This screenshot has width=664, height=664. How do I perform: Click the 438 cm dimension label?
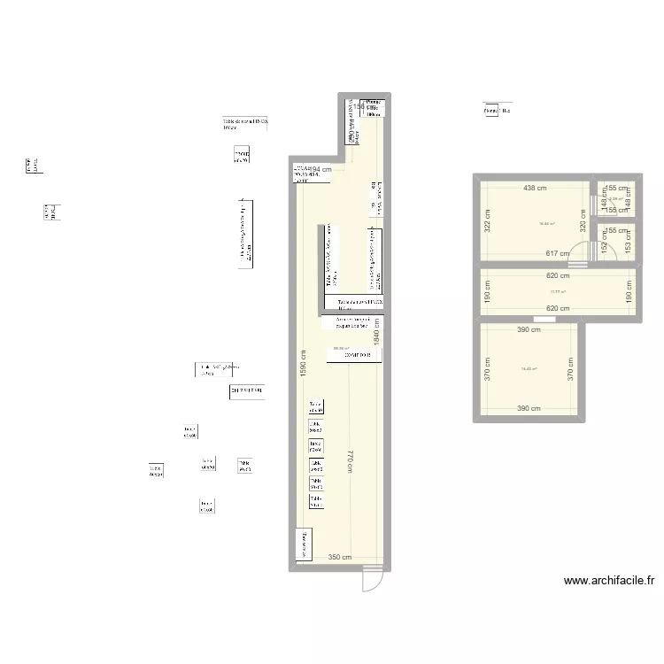534,188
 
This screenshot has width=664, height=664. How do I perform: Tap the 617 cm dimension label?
558,254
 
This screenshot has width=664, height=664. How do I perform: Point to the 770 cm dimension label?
351,461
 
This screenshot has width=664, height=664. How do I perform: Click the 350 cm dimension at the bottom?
339,557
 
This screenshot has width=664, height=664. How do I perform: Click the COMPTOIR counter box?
355,355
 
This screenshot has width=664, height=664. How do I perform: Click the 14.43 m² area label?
529,368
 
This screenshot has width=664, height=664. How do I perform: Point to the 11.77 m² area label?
557,291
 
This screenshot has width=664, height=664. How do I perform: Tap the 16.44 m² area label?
546,223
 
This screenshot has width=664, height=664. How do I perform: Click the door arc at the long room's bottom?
372,583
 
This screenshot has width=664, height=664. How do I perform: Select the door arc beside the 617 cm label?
577,255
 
